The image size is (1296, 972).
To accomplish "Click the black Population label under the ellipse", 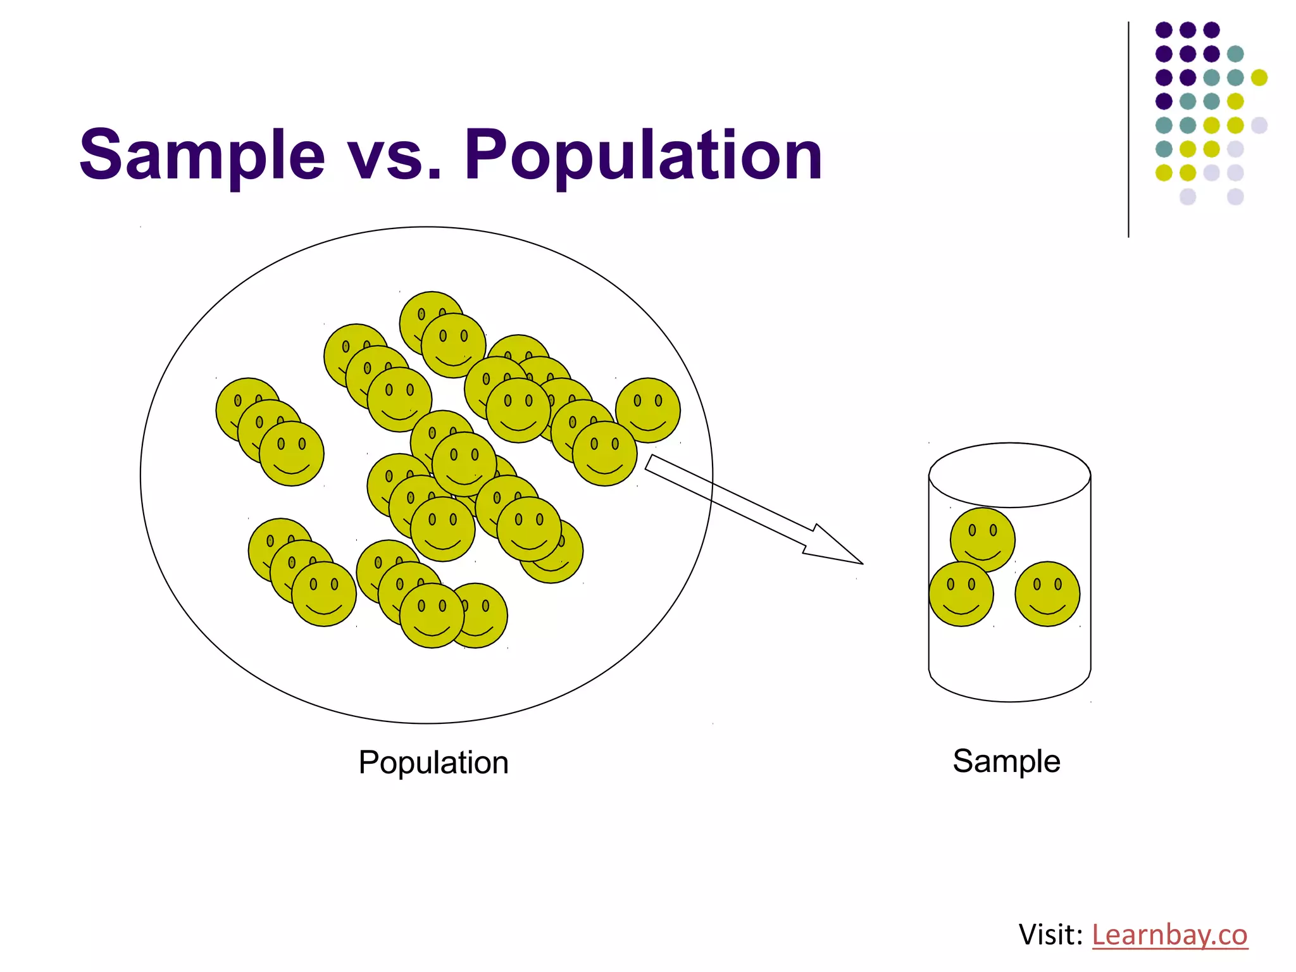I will pos(433,762).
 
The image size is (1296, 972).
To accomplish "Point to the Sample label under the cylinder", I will pos(1006,761).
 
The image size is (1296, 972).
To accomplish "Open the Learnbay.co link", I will pos(1169,935).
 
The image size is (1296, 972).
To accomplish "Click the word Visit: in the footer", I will pos(1050,935).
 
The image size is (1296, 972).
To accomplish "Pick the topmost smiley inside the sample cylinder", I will pos(983,540).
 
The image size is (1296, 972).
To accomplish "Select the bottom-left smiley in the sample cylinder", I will pos(961,594).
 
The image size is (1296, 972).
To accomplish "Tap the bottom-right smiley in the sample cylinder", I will pos(1047,594).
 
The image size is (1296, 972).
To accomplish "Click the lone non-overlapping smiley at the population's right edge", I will pos(648,410).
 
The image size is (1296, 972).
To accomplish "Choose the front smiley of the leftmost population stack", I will pos(292,454).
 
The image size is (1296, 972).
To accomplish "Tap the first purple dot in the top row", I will pos(1164,30).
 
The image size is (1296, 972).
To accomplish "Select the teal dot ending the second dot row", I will pos(1235,54).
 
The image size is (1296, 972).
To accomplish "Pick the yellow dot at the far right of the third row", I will pos(1259,77).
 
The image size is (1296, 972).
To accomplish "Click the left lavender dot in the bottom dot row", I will pos(1188,196).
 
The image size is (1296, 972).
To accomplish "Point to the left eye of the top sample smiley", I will pos(972,530).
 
